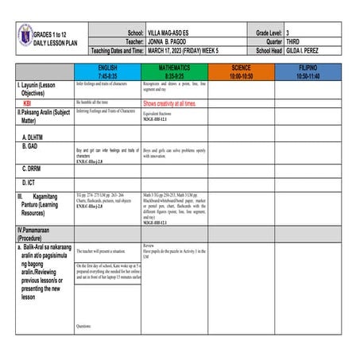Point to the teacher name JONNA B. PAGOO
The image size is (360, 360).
point(173,41)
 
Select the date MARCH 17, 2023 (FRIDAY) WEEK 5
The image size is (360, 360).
point(192,49)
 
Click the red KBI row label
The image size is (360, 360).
point(28,103)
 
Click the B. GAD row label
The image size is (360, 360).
point(33,146)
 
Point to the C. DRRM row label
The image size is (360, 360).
point(36,168)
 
